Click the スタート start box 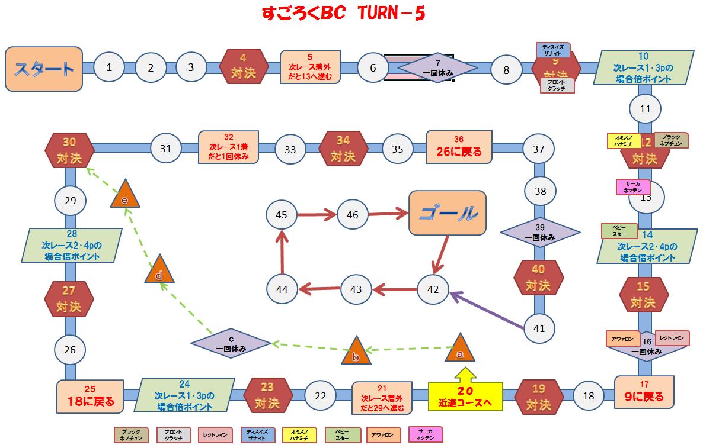point(44,69)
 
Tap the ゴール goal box point(448,214)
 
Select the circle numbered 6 point(373,68)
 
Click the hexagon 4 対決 point(244,67)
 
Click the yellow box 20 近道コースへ point(465,397)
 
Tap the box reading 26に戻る point(459,146)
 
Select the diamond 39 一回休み point(540,232)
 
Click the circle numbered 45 point(282,215)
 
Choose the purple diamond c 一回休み point(231,343)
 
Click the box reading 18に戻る point(90,397)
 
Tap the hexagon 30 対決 point(70,150)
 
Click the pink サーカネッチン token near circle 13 point(633,187)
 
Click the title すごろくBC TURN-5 point(344,14)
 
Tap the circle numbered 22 point(321,396)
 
